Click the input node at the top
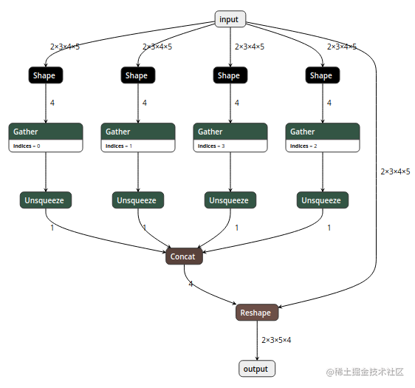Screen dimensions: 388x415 point(230,19)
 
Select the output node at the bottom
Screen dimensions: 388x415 point(256,369)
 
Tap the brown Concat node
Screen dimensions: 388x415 point(183,256)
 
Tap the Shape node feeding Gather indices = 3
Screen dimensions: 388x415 point(229,75)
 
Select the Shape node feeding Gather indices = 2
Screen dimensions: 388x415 point(321,75)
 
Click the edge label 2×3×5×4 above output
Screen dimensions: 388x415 point(277,340)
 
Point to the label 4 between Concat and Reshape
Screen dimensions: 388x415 point(191,284)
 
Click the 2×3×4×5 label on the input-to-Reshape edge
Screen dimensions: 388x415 point(395,171)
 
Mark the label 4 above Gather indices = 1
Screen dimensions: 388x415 point(144,103)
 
